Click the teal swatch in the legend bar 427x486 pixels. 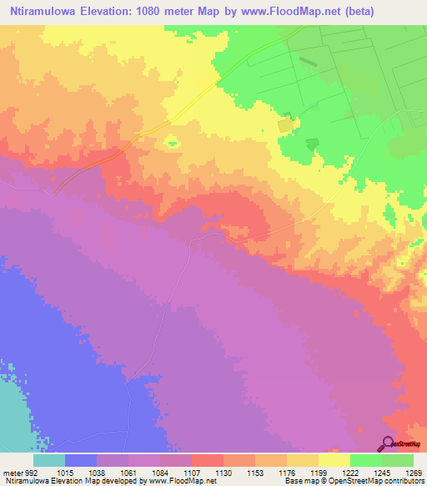[x=49, y=460]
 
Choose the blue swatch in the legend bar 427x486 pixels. [x=81, y=460]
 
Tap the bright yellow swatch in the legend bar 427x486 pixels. [x=334, y=460]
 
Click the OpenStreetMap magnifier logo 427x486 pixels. [x=388, y=443]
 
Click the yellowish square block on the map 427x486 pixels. [x=286, y=124]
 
